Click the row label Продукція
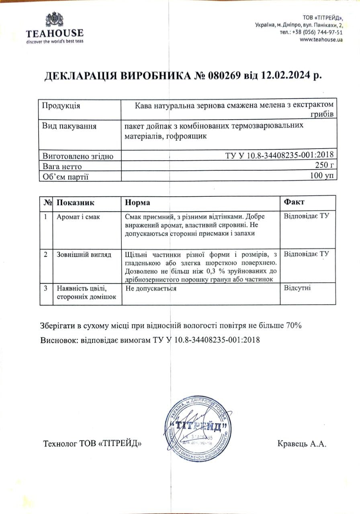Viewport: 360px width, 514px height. tap(61, 106)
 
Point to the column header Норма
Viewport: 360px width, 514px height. tap(137, 202)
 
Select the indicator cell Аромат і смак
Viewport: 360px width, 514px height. tap(78, 217)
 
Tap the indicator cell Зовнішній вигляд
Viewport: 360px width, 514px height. tap(84, 255)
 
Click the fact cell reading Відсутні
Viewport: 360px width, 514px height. tap(297, 288)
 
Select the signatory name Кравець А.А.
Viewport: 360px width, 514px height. tap(302, 444)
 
